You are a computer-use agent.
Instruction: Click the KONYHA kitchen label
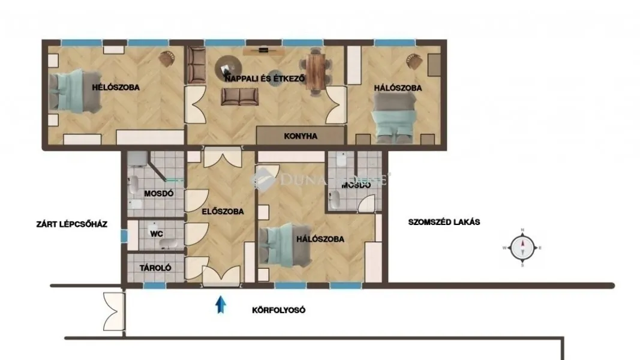(301, 136)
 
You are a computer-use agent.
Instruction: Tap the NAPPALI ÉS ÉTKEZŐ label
(265, 79)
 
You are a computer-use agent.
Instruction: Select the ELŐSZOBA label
(222, 212)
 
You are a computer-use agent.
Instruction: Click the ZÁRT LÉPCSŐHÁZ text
(71, 225)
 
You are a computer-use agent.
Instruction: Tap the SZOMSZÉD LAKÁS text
(444, 221)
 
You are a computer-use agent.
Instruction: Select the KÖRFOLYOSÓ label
(279, 310)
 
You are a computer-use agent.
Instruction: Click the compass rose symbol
(522, 247)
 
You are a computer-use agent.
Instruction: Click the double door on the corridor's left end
(113, 312)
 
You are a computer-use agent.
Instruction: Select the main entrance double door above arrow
(221, 275)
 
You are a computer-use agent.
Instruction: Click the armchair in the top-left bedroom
(167, 59)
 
